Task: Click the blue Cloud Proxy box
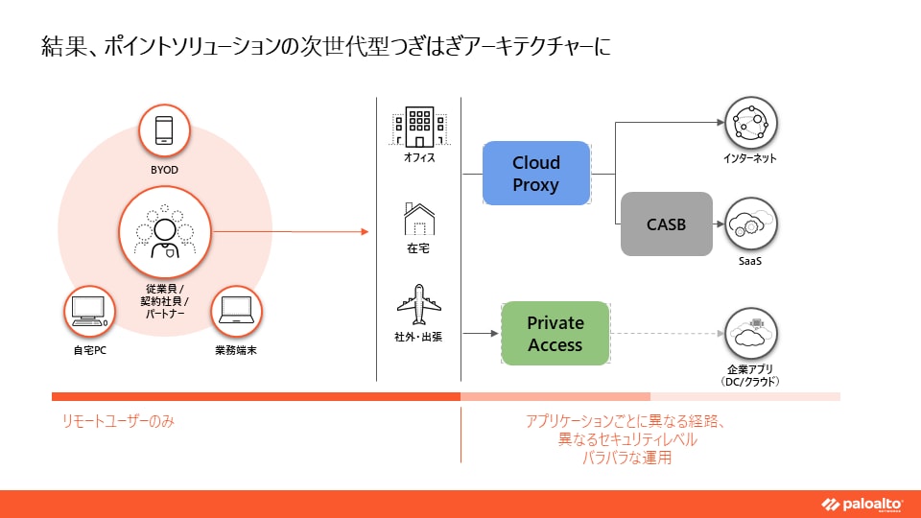click(535, 174)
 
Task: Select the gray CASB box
click(667, 224)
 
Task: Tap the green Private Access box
click(555, 333)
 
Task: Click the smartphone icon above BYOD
click(164, 130)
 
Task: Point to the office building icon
click(419, 126)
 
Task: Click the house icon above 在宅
click(419, 220)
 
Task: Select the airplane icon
click(419, 305)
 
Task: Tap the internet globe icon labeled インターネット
click(750, 124)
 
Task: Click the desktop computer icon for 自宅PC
click(89, 312)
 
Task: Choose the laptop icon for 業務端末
click(236, 312)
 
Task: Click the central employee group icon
click(164, 232)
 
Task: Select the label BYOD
click(164, 170)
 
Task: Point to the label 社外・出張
click(419, 339)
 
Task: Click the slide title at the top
click(326, 45)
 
